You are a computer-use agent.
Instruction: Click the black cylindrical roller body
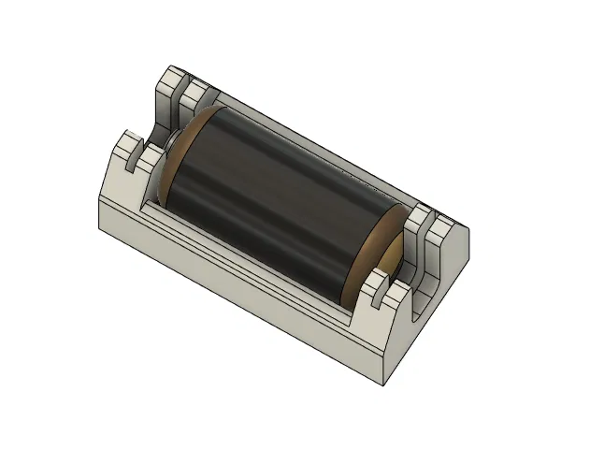click(271, 206)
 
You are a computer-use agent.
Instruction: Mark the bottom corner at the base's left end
click(99, 225)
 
